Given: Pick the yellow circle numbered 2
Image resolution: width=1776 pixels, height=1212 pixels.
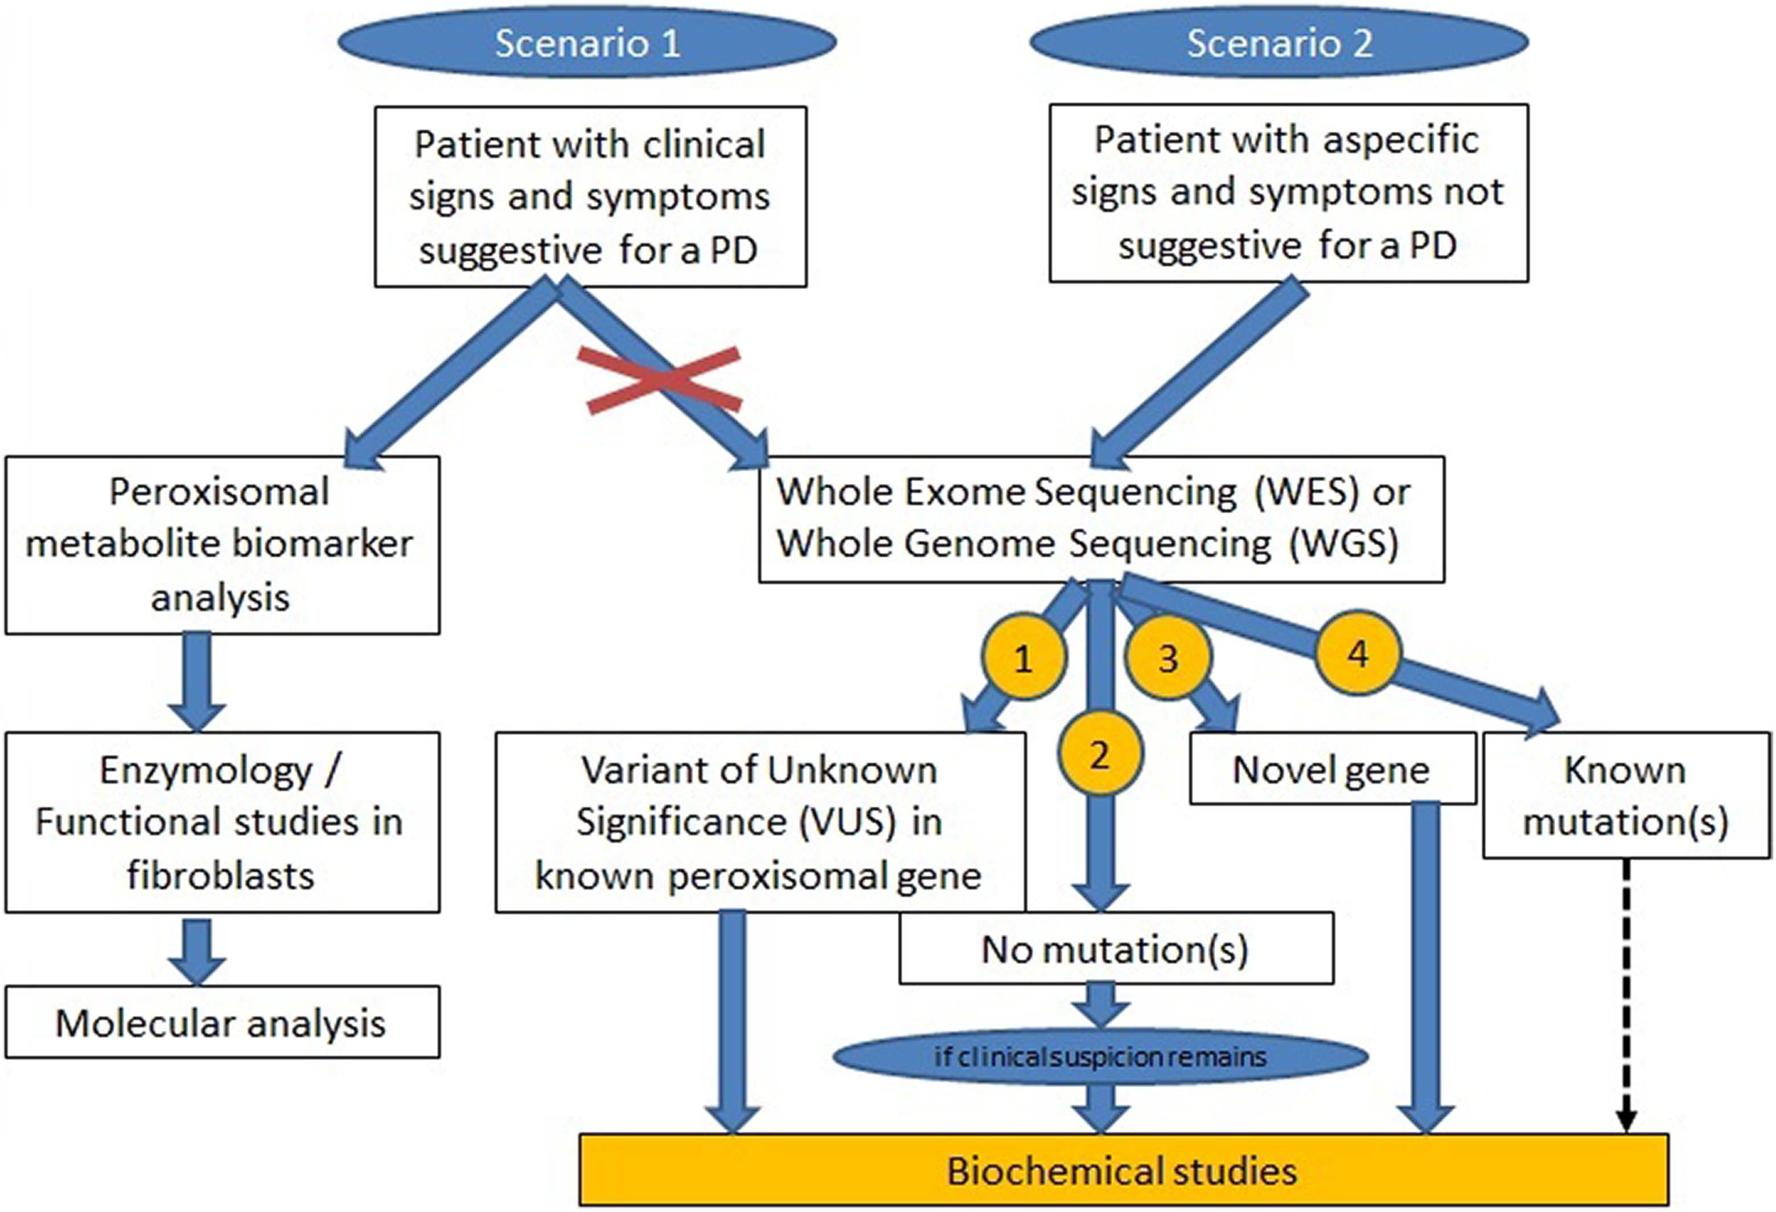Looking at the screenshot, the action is [x=1100, y=754].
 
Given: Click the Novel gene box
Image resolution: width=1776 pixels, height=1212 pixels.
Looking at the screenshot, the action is [x=1332, y=768].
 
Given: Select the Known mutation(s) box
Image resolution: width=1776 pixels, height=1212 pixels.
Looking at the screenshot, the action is [x=1626, y=795].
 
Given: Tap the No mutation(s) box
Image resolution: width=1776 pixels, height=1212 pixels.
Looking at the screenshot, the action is [x=1116, y=948].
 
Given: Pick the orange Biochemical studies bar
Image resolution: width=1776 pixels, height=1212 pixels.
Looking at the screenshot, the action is [x=1123, y=1170].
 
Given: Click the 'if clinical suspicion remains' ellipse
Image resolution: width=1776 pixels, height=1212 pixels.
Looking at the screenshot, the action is [x=1100, y=1057].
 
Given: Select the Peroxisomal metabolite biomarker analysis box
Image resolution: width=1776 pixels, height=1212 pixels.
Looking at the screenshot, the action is [x=223, y=545].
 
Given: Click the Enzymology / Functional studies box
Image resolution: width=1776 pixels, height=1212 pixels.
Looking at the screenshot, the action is [x=223, y=822].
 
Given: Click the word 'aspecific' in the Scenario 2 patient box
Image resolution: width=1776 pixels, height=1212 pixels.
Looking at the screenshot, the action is [x=1401, y=141].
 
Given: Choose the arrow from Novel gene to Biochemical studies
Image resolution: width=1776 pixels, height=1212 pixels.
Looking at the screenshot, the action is [x=1425, y=967].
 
